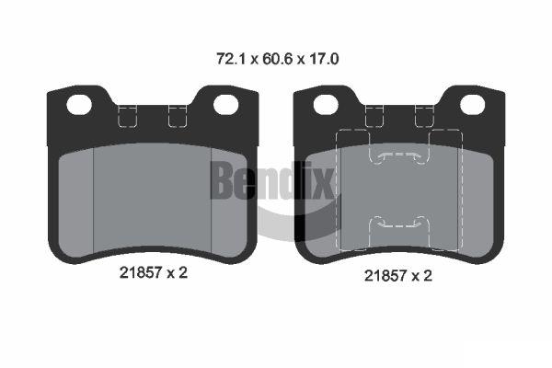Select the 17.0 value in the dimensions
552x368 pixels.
pos(324,59)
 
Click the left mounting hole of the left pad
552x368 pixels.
pos(79,105)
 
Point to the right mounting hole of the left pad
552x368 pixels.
pos(226,105)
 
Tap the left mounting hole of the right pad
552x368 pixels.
pos(326,105)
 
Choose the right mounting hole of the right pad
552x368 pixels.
pos(473,105)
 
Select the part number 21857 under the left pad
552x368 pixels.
pos(141,272)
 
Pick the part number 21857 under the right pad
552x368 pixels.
pos(385,275)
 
